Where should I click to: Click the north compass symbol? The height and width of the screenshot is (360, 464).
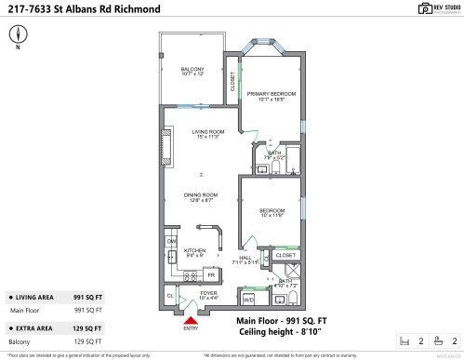click(x=17, y=35)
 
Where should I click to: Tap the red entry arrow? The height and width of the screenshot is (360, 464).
click(x=191, y=319)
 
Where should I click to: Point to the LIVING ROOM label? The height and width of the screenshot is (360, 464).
click(x=209, y=134)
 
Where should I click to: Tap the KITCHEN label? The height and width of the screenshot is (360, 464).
click(x=193, y=252)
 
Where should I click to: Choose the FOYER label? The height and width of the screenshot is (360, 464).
click(x=206, y=295)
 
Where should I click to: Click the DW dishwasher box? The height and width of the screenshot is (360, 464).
click(x=171, y=242)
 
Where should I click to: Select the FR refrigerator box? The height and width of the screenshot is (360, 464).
click(x=211, y=275)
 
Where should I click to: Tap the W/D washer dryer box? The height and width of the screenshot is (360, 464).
click(x=248, y=300)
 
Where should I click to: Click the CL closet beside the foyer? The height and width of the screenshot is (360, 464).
click(x=170, y=296)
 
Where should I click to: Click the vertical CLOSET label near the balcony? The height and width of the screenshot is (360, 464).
click(x=232, y=81)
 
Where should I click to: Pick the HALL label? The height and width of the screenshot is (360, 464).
click(x=246, y=260)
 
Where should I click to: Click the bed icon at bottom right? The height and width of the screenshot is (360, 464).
click(x=403, y=341)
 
